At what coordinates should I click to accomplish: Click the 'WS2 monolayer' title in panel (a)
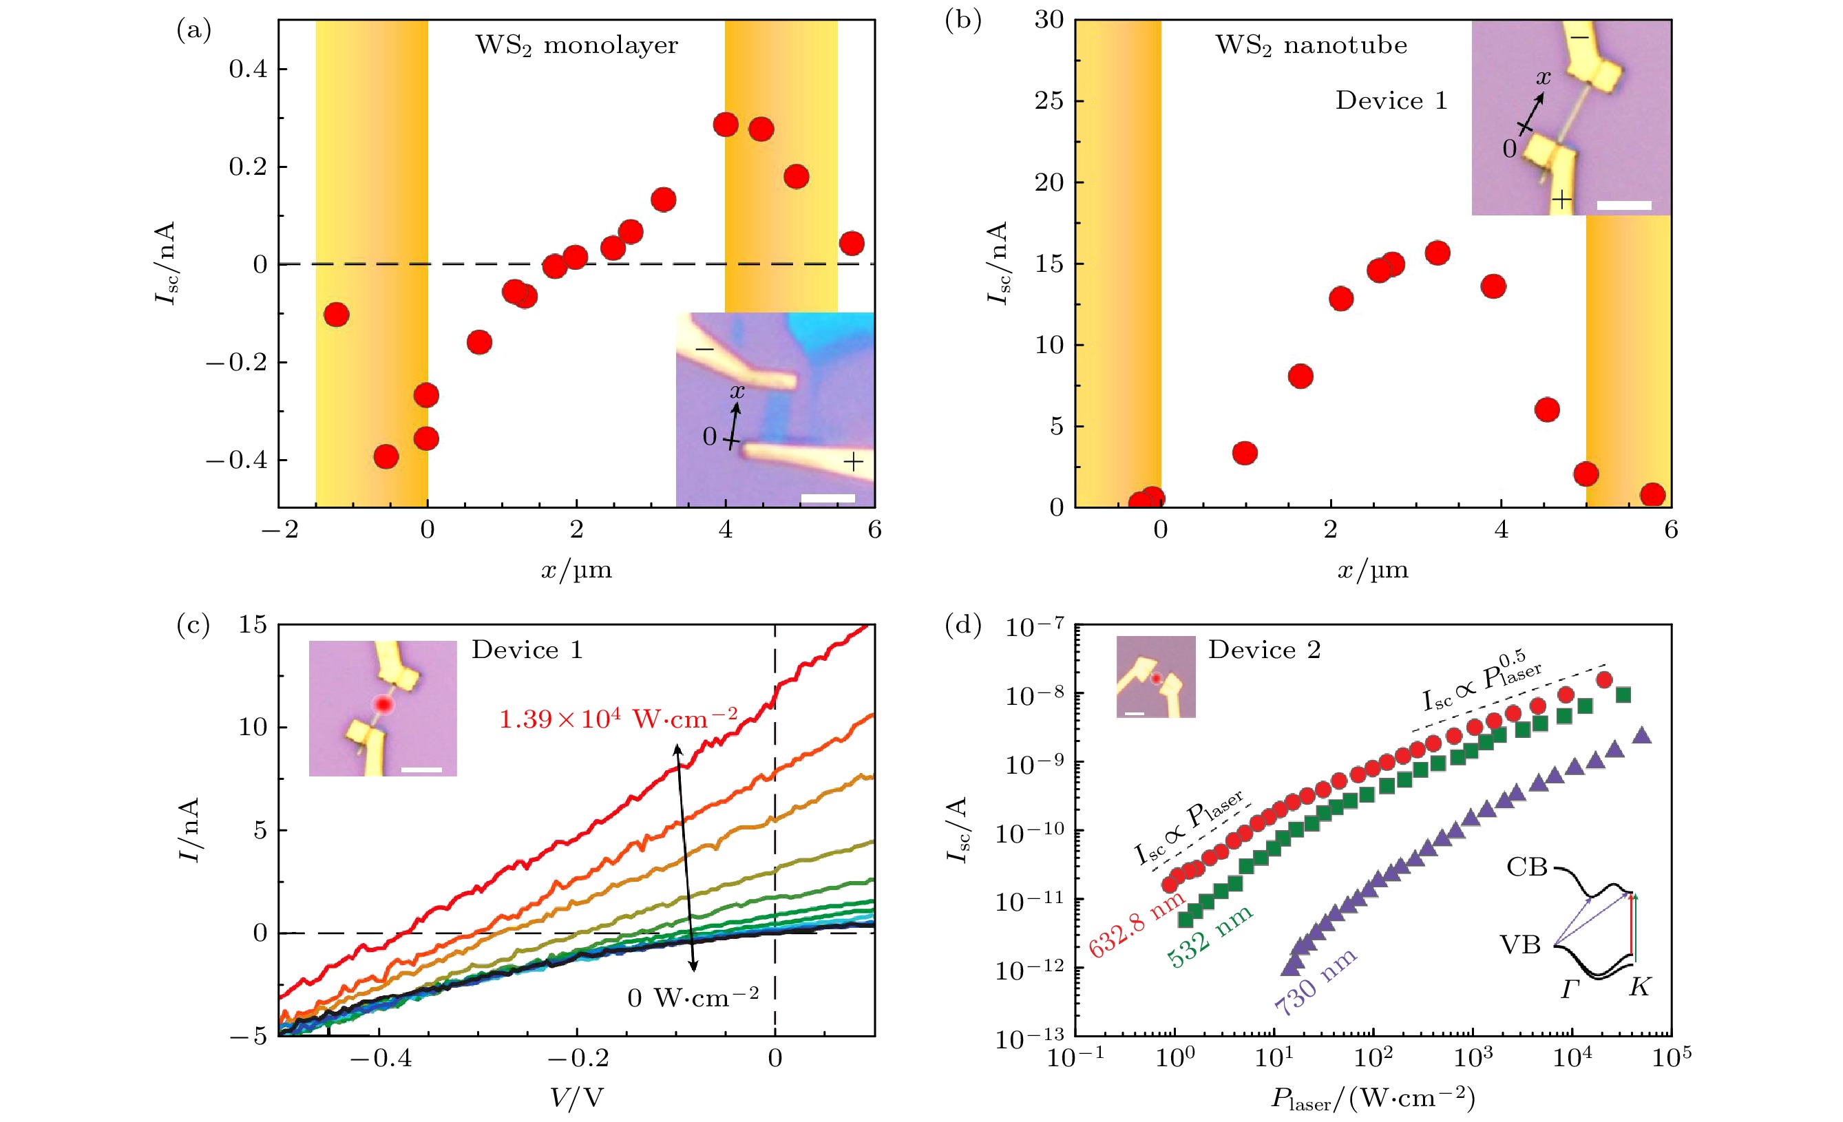[577, 45]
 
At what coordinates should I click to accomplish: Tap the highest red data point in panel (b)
[1437, 253]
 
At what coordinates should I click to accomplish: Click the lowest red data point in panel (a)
[386, 456]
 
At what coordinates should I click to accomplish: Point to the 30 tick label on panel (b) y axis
[1049, 20]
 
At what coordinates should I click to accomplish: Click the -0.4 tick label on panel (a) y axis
[236, 460]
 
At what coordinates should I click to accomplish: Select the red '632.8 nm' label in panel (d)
[1136, 923]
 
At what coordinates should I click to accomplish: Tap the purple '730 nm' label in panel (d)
[1315, 982]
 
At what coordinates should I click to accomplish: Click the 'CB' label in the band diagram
[1526, 867]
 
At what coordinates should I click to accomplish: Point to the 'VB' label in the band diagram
[1520, 944]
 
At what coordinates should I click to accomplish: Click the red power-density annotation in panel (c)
[618, 719]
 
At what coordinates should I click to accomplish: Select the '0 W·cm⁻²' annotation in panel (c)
[693, 998]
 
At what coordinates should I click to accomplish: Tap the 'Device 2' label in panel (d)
[1264, 650]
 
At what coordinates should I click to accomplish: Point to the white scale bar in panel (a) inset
[828, 498]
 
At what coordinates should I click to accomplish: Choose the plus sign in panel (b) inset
[1561, 199]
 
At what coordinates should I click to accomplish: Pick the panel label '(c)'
[193, 624]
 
